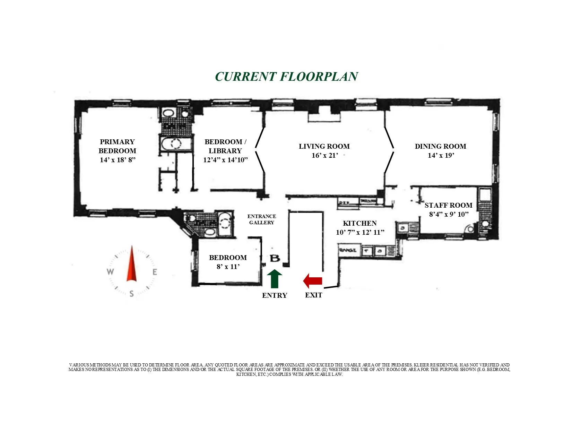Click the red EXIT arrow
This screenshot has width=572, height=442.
(x=313, y=281)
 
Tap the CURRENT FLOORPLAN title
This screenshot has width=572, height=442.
(x=286, y=77)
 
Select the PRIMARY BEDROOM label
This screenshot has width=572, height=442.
(x=117, y=146)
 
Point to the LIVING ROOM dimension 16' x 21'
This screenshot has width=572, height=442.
(x=324, y=156)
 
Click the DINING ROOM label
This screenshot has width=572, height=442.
(x=440, y=146)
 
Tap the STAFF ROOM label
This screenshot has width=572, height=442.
(x=448, y=205)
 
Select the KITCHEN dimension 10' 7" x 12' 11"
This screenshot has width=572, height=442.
(x=360, y=233)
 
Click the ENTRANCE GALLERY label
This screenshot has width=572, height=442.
(x=262, y=219)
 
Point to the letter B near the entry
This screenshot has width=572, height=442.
(x=275, y=259)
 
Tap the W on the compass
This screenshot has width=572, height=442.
(x=110, y=272)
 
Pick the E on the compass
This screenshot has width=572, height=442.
(x=155, y=272)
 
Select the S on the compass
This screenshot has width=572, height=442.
(x=131, y=294)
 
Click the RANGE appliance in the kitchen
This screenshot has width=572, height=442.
(x=348, y=250)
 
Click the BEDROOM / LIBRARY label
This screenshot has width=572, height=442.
(x=225, y=146)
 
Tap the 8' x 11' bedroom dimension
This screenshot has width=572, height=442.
(x=228, y=267)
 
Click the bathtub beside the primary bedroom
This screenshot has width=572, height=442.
(x=176, y=144)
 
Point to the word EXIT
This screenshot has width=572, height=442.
(x=313, y=295)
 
